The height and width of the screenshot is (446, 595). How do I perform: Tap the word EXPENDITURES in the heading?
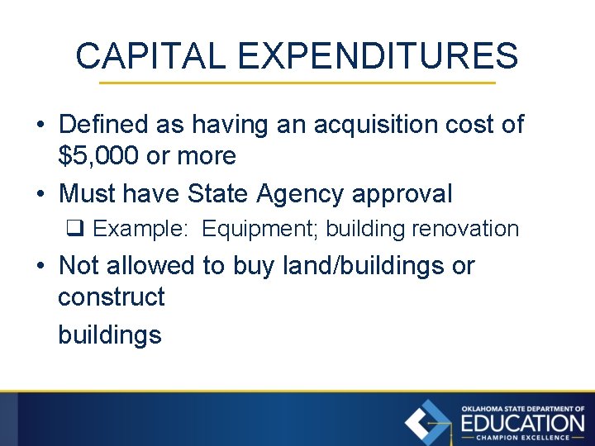(x=377, y=56)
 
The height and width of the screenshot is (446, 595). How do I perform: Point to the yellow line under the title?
(x=297, y=83)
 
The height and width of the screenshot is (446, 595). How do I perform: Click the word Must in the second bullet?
(x=87, y=194)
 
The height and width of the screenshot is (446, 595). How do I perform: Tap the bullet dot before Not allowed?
(x=40, y=266)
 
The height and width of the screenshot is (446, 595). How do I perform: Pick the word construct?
(x=112, y=297)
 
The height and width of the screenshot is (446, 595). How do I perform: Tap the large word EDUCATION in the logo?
(x=522, y=423)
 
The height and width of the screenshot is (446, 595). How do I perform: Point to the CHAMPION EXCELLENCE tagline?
(x=522, y=438)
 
